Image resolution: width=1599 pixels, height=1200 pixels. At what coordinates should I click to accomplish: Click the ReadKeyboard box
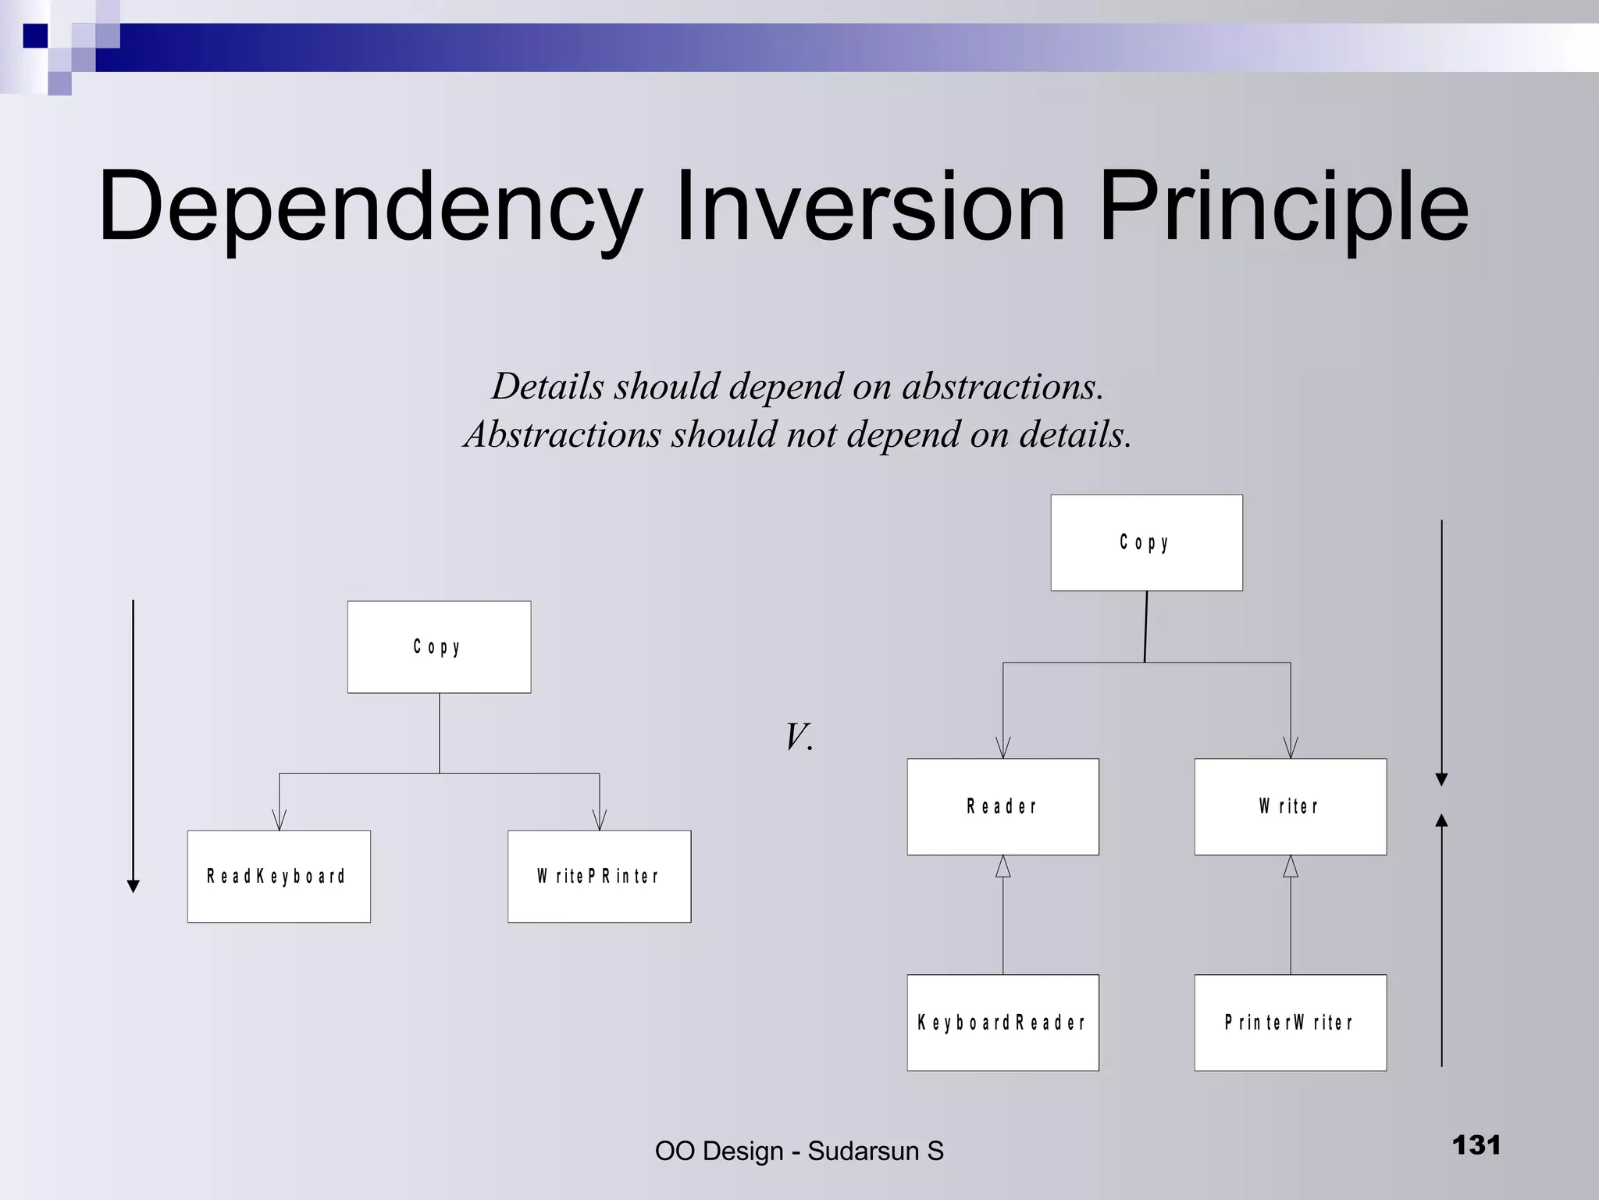point(279,877)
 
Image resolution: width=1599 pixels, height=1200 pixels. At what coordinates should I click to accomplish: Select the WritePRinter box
point(599,877)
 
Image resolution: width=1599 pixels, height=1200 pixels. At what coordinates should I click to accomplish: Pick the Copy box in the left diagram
point(439,647)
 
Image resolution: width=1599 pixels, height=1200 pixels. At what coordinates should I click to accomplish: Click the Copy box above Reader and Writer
point(1146,542)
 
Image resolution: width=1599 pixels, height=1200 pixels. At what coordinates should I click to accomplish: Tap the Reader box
point(1002,806)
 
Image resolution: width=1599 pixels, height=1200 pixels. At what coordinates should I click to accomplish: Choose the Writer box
point(1290,806)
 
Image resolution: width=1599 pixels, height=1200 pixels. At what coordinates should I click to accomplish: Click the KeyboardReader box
point(1002,1023)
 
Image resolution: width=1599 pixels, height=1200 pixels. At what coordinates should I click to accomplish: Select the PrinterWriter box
point(1290,1023)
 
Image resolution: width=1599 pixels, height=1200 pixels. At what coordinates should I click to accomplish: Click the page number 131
point(1476,1145)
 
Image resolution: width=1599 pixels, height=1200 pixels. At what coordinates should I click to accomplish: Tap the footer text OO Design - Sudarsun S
point(799,1151)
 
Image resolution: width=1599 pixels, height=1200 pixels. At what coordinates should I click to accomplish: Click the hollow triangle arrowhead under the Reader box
point(1002,866)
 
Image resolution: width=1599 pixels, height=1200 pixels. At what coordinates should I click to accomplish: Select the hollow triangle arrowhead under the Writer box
point(1290,866)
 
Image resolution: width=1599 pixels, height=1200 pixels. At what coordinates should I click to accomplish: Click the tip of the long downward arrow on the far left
point(134,887)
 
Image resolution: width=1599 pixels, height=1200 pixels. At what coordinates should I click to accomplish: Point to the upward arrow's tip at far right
point(1441,819)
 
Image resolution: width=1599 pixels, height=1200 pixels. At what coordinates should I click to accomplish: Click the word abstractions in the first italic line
point(1002,387)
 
